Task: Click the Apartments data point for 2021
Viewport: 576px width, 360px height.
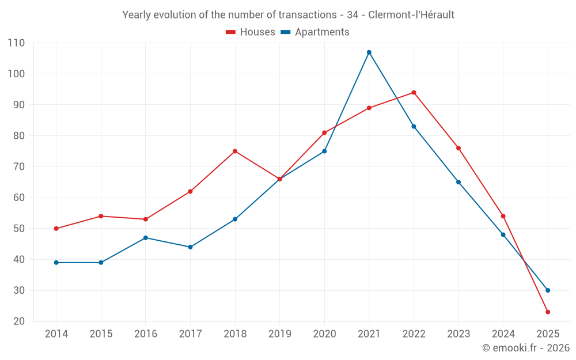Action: [x=369, y=52]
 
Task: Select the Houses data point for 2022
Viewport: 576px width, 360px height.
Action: [x=414, y=92]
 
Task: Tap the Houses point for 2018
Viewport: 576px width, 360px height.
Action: [x=235, y=151]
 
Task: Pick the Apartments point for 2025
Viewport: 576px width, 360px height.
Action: [x=548, y=290]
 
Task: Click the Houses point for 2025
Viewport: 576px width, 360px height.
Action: [x=548, y=312]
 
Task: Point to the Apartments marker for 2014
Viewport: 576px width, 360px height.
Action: [x=56, y=263]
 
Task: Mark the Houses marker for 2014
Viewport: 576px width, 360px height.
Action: [x=56, y=229]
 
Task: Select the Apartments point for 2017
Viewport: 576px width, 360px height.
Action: [x=190, y=247]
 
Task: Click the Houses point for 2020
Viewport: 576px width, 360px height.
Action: [x=324, y=132]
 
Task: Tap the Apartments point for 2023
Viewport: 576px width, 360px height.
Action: [x=458, y=182]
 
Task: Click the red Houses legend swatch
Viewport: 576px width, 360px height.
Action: [x=231, y=32]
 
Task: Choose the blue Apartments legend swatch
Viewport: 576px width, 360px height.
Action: [x=285, y=32]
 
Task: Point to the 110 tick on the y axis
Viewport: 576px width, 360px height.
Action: [x=17, y=43]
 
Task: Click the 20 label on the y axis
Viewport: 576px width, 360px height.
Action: [x=20, y=321]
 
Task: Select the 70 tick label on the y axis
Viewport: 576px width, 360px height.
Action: [x=20, y=167]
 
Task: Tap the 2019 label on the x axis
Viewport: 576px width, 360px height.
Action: [x=280, y=334]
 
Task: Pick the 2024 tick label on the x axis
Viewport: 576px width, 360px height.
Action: [x=503, y=334]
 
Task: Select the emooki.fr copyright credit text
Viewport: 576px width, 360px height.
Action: [x=526, y=348]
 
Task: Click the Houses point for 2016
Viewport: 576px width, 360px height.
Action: [x=146, y=219]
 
